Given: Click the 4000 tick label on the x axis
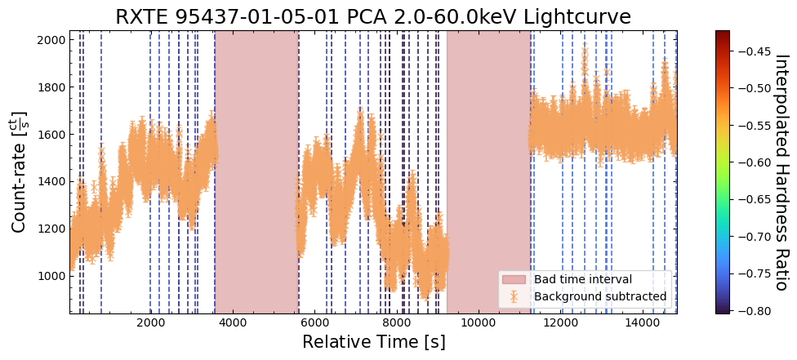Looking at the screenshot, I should click(x=233, y=322).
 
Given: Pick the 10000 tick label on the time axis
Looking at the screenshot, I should click(x=478, y=322).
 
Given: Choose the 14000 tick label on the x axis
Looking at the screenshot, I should click(x=643, y=322).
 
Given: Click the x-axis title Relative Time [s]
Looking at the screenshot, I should click(x=373, y=342).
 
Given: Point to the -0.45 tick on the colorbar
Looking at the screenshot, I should click(x=751, y=51).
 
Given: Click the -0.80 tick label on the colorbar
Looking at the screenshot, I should click(x=751, y=310).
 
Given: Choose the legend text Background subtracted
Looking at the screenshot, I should click(x=600, y=296).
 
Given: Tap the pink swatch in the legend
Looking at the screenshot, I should click(x=514, y=279).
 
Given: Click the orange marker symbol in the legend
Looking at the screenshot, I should click(x=514, y=296).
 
